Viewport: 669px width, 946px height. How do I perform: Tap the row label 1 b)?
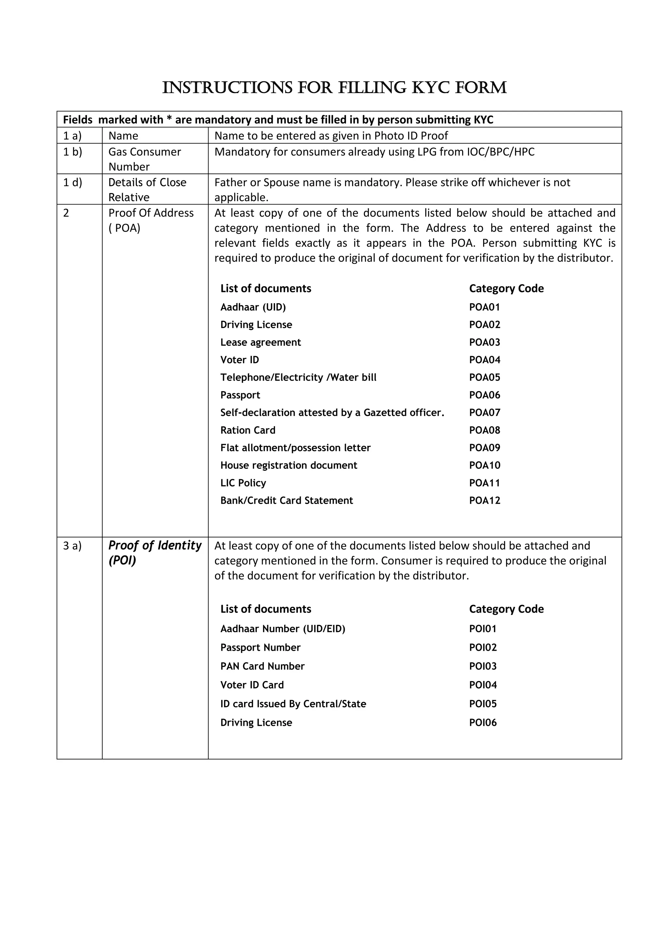[x=73, y=152]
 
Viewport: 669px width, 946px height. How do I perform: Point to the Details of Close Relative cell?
[x=147, y=189]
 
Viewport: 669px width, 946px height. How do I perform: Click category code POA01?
[x=484, y=307]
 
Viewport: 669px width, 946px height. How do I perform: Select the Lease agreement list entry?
[x=260, y=342]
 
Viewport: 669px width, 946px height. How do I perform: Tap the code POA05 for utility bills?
[x=484, y=377]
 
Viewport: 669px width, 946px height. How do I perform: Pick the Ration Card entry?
[x=248, y=430]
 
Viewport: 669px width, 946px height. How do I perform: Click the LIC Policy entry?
[x=243, y=482]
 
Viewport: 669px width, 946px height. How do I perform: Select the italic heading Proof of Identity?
[x=155, y=545]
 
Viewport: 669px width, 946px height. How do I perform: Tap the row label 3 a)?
[x=73, y=546]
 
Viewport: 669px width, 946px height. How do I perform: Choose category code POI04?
[x=483, y=684]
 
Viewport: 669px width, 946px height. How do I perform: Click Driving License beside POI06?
[x=256, y=722]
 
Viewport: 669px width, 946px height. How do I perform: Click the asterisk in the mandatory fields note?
[x=169, y=120]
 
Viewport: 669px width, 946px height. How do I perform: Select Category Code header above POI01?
[x=506, y=609]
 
